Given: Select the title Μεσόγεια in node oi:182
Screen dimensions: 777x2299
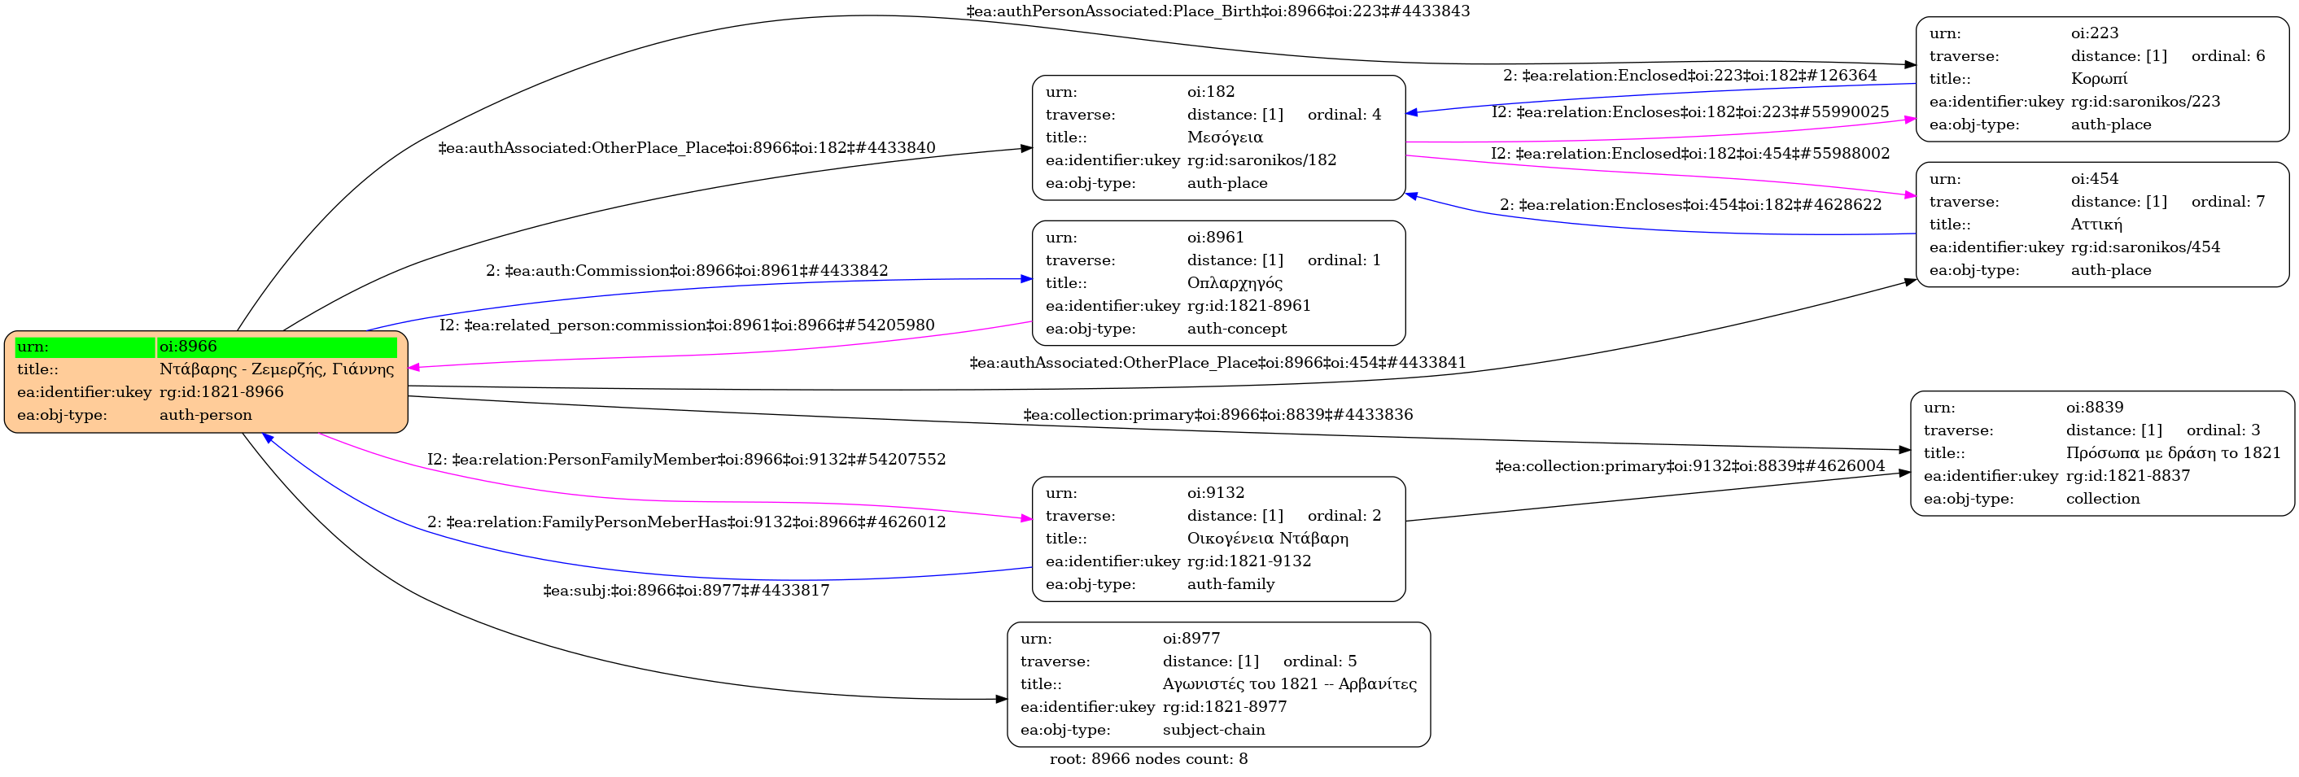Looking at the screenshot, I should [x=1225, y=138].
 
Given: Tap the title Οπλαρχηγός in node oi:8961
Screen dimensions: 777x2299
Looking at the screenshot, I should [x=1235, y=283].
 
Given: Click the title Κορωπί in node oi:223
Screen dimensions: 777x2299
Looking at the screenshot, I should [x=2099, y=78].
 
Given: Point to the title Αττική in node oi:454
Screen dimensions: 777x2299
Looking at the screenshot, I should [x=2096, y=225].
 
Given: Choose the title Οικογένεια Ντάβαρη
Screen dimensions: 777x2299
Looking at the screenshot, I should [x=1267, y=538].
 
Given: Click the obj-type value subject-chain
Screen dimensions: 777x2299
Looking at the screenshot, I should [x=1213, y=730].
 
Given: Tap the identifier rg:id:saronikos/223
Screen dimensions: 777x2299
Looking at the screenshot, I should [x=2145, y=102].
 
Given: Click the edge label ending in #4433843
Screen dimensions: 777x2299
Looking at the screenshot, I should [x=1217, y=11].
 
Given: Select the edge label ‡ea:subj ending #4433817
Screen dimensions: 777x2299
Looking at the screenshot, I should [x=686, y=591].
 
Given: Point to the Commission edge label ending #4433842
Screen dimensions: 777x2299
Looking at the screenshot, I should [x=686, y=270].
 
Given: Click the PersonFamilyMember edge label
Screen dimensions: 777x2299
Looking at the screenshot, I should [x=686, y=460].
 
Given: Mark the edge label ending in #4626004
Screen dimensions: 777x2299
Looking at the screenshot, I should [x=1689, y=465].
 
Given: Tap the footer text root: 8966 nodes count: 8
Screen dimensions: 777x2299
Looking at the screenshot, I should [x=1148, y=759].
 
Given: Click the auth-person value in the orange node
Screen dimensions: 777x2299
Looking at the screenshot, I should [x=205, y=415].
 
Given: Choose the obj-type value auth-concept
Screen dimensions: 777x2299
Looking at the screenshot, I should [x=1237, y=328].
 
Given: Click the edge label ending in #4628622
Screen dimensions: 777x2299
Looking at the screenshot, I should [x=1690, y=205].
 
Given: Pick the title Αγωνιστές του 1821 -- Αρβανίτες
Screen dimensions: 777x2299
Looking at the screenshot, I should [x=1290, y=684].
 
